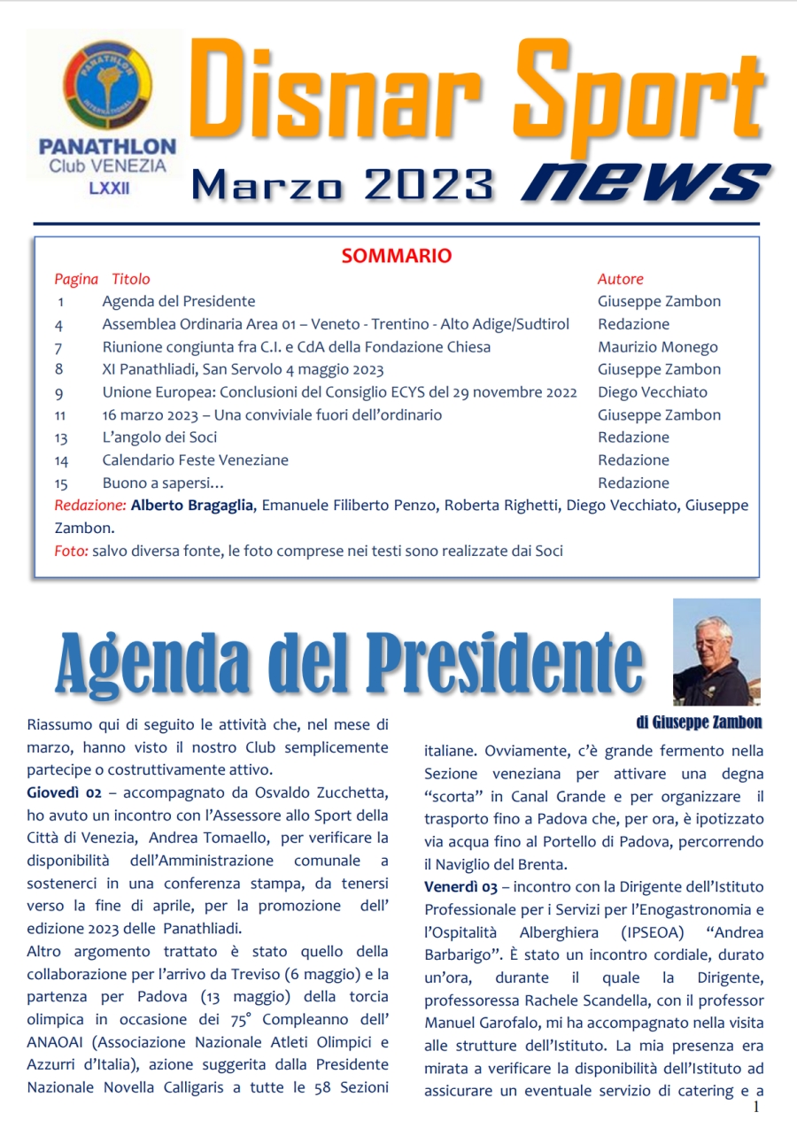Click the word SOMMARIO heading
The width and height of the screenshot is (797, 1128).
[x=397, y=256]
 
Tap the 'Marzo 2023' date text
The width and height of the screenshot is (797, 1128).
[x=342, y=184]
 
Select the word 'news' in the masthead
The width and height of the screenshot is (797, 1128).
[x=644, y=181]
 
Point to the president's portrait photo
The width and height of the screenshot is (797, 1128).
[x=716, y=652]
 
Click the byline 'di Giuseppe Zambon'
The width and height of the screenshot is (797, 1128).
[x=699, y=722]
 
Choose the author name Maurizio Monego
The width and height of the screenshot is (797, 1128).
[x=658, y=347]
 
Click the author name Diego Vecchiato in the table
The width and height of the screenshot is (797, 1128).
[x=653, y=392]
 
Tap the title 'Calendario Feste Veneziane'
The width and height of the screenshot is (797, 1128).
[x=195, y=460]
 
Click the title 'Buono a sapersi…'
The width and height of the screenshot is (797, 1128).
[x=163, y=483]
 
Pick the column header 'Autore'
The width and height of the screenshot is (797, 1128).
[x=620, y=279]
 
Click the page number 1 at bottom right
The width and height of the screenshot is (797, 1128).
[x=755, y=1107]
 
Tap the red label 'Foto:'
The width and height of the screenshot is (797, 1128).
[x=71, y=551]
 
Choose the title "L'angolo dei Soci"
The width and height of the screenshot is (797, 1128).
[x=159, y=437]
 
